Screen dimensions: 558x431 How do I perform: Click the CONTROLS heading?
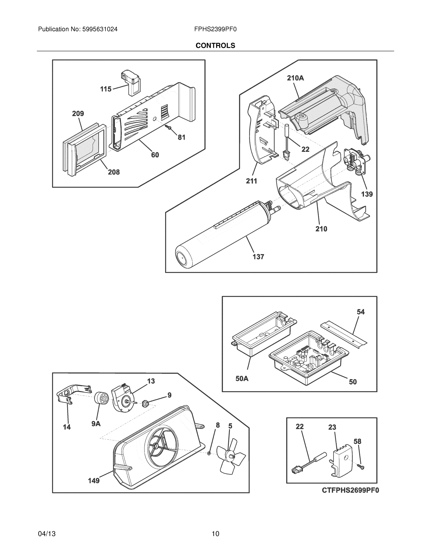(x=215, y=46)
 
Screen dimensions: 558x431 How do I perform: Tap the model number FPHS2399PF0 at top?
(x=215, y=29)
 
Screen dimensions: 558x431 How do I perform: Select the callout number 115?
(x=105, y=89)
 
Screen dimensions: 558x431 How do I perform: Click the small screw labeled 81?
(x=168, y=127)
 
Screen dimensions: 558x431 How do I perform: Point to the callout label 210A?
(x=295, y=78)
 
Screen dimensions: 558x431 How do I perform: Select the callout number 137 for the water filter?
(x=258, y=257)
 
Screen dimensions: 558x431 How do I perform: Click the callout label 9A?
(x=96, y=424)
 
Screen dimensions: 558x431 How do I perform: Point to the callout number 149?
(x=93, y=481)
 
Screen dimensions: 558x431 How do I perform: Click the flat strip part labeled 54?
(x=344, y=334)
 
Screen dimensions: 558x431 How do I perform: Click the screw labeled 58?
(x=362, y=467)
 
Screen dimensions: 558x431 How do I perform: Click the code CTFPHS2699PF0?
(x=350, y=490)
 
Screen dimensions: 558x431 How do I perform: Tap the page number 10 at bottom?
(x=215, y=534)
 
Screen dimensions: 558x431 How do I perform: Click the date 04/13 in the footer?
(x=47, y=534)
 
